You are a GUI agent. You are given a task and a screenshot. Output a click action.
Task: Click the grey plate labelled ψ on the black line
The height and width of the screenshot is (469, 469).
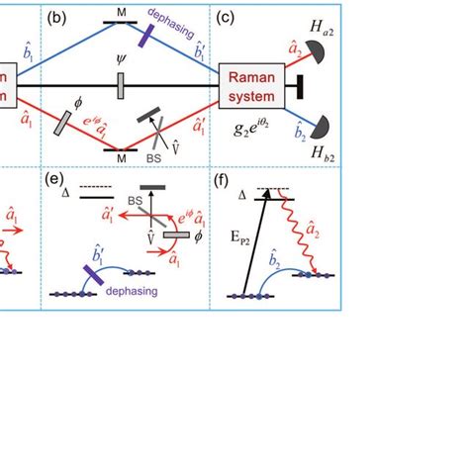(x=119, y=87)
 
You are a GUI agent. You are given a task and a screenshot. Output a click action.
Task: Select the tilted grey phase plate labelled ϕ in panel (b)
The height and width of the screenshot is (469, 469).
(x=61, y=122)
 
